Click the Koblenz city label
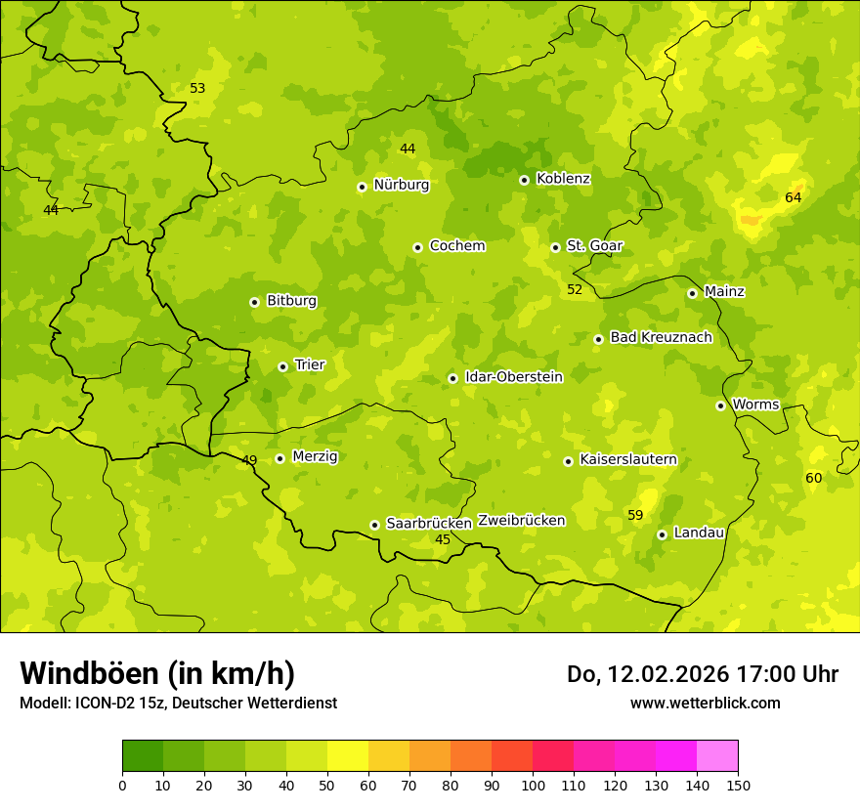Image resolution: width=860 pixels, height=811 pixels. pyautogui.click(x=563, y=179)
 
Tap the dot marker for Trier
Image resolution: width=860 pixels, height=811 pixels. pyautogui.click(x=283, y=366)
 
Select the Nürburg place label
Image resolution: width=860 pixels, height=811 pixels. pyautogui.click(x=401, y=185)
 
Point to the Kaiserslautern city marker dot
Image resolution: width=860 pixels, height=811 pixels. pyautogui.click(x=568, y=461)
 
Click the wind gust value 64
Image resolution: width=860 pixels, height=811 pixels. pyautogui.click(x=793, y=198)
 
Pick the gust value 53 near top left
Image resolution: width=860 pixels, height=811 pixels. pyautogui.click(x=197, y=89)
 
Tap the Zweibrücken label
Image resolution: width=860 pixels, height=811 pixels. pyautogui.click(x=521, y=521)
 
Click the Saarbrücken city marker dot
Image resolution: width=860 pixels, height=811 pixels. pyautogui.click(x=374, y=525)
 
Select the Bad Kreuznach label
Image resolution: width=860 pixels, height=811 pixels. pyautogui.click(x=661, y=337)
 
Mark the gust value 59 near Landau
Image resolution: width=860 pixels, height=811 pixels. pyautogui.click(x=635, y=515)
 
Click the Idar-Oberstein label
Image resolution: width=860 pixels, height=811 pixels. pyautogui.click(x=513, y=377)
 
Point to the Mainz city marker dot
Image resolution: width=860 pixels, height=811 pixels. pyautogui.click(x=692, y=293)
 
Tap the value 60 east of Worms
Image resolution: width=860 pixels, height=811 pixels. pyautogui.click(x=813, y=478)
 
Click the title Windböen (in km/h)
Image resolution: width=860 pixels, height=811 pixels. pyautogui.click(x=157, y=673)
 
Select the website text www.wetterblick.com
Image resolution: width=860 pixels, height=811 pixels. pyautogui.click(x=705, y=703)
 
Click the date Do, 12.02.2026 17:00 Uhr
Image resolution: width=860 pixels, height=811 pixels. pyautogui.click(x=702, y=674)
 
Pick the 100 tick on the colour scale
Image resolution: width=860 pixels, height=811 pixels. pyautogui.click(x=533, y=785)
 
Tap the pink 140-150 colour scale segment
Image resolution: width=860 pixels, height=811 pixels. pyautogui.click(x=717, y=756)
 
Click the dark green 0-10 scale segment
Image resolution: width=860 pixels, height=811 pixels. pyautogui.click(x=143, y=756)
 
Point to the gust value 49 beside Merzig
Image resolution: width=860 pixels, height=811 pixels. pyautogui.click(x=249, y=460)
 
